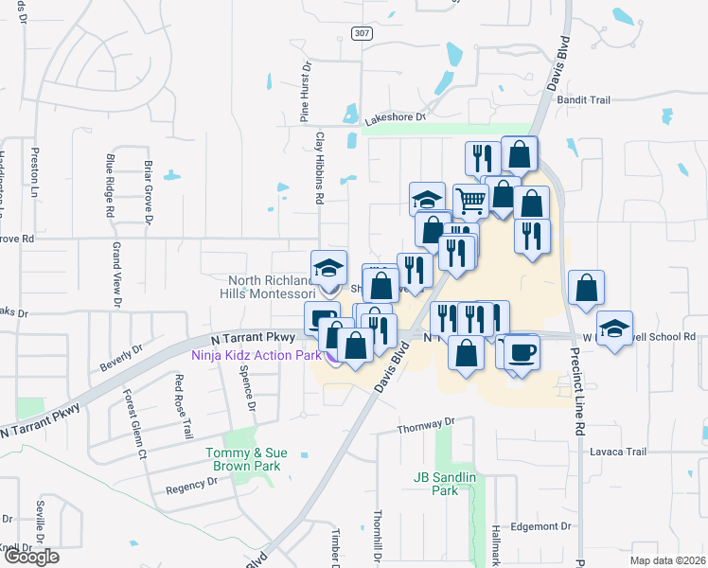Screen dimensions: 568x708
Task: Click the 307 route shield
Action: pos(361,33)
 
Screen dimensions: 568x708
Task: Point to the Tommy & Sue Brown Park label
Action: pos(243,459)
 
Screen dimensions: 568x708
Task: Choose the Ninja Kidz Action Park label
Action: pos(256,356)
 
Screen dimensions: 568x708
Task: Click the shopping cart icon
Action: pos(470,200)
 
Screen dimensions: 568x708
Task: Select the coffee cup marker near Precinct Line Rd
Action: pos(522,353)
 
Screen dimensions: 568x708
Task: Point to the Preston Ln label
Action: pos(35,164)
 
